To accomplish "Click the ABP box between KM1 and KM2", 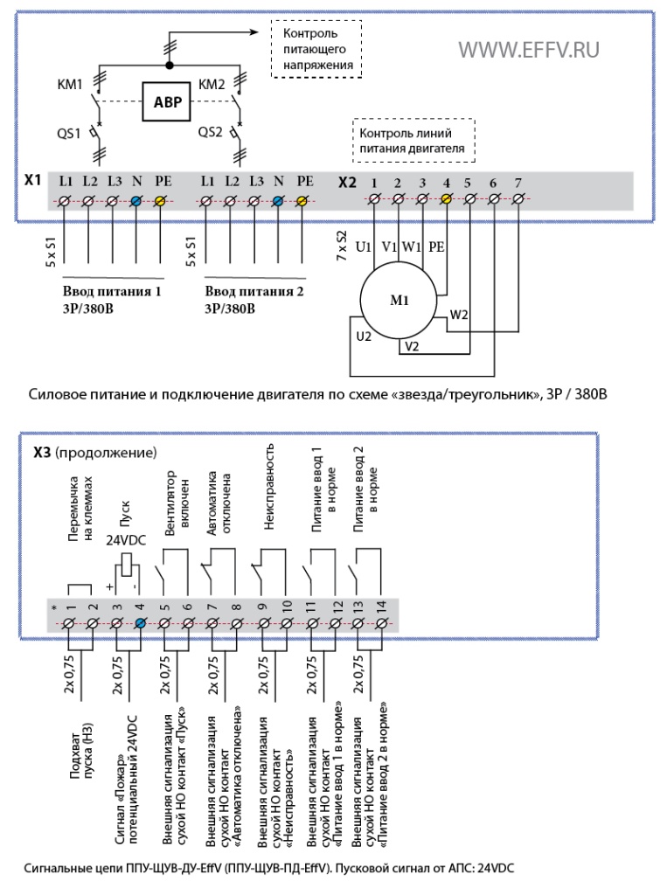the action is [166, 101].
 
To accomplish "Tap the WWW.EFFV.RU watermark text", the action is [529, 50].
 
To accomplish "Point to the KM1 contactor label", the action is [70, 85].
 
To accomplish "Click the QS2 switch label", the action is [210, 132].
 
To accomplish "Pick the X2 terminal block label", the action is [347, 182].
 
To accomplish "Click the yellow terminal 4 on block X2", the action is [447, 198].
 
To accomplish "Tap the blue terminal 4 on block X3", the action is [141, 622].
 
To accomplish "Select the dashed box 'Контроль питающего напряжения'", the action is [316, 49].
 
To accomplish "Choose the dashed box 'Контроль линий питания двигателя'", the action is [413, 141].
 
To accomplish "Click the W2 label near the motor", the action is [459, 315].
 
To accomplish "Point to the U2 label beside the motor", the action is [364, 336].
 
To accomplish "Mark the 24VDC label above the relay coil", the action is [126, 540].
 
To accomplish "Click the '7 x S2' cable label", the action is [342, 246].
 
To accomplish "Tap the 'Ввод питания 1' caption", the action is [112, 291].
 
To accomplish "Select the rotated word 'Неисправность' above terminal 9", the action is [269, 486].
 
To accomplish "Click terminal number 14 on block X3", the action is [381, 606].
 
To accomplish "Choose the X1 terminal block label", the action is [32, 180].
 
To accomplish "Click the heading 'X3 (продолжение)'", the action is [94, 453].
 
